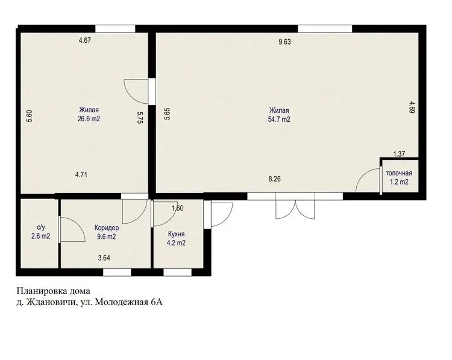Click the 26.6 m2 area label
point(89,119)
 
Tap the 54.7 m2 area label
point(279,119)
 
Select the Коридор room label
point(107,228)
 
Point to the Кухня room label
point(176,234)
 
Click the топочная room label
point(399,173)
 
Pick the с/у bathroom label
point(41,227)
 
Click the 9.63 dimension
point(284,42)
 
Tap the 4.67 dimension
point(85,40)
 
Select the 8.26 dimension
point(274,179)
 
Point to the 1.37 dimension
point(399,154)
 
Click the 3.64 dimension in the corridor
point(104,258)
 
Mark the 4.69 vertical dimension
point(412,107)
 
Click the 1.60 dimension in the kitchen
point(177,208)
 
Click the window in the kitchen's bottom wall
point(178,273)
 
